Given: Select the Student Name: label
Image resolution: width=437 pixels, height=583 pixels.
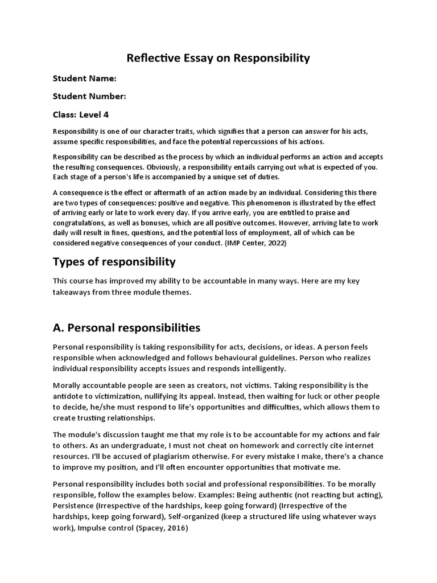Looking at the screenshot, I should coord(84,78).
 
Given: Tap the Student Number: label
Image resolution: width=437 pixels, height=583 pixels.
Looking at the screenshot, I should coord(89,96).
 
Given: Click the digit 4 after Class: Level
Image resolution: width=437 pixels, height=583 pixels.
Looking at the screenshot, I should coord(106,114).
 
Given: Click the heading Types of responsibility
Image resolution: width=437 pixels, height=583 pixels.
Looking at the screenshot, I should coord(114,262).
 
